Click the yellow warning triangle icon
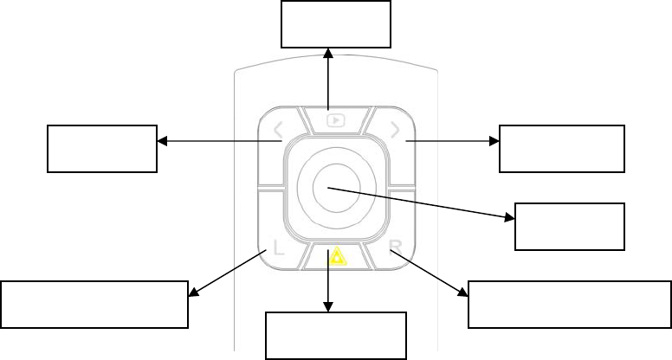(333, 257)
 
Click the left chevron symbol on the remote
(279, 132)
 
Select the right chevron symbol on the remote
(395, 131)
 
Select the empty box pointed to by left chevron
(102, 148)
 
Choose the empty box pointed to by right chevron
(562, 149)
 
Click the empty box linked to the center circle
(569, 227)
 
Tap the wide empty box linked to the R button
(570, 304)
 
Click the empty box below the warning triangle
(335, 335)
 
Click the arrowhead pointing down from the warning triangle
(329, 305)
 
